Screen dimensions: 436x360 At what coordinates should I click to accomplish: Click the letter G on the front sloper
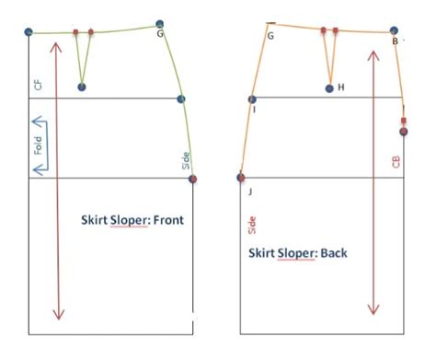[160, 34]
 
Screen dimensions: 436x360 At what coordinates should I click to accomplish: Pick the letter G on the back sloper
[270, 36]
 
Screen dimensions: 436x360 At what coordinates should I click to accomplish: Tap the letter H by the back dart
[340, 87]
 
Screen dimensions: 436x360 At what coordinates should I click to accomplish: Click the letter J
[248, 191]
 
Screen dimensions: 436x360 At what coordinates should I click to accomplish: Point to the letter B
[395, 41]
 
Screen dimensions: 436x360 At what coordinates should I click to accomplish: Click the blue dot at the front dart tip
[82, 87]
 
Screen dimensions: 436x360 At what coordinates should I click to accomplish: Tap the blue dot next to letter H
[330, 87]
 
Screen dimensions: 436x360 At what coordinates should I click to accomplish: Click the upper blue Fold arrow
[40, 121]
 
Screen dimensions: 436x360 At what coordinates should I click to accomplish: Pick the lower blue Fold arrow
[40, 168]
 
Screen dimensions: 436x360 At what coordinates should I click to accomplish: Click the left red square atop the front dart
[76, 32]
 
